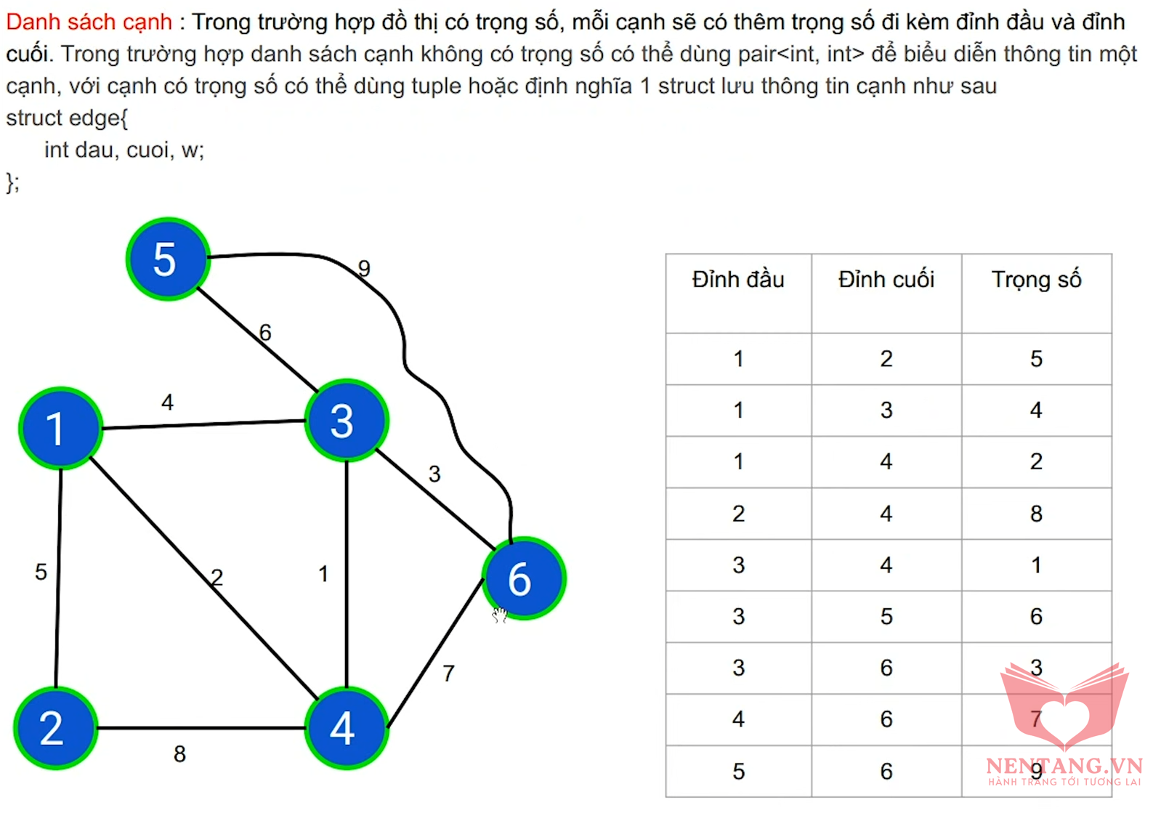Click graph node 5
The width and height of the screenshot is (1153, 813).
(x=168, y=259)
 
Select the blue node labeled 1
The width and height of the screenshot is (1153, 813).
(x=61, y=429)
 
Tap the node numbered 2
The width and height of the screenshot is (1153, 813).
(x=56, y=728)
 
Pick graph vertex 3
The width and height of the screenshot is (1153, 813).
(x=347, y=421)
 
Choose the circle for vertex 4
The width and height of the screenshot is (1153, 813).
(x=347, y=728)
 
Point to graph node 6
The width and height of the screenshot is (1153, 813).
(x=524, y=578)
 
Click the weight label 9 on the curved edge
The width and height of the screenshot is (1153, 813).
(x=364, y=268)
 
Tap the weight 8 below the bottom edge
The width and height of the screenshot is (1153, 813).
(x=179, y=754)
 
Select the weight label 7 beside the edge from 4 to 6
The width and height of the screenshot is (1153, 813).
(x=448, y=674)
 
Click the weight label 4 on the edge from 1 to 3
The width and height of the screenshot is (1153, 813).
(x=167, y=402)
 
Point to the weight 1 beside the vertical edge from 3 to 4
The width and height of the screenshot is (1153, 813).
(x=323, y=573)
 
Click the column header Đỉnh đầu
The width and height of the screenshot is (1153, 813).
(x=738, y=280)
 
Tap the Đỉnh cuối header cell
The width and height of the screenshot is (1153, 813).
(x=886, y=280)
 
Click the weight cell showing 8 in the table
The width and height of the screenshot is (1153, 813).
(x=1036, y=514)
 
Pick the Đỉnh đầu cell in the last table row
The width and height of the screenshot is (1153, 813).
(x=739, y=772)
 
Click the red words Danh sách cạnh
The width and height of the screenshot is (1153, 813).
(x=89, y=22)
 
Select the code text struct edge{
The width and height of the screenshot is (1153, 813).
(x=67, y=118)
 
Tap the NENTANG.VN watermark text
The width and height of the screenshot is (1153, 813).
(x=1064, y=767)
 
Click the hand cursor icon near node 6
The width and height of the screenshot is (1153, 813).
(x=499, y=615)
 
